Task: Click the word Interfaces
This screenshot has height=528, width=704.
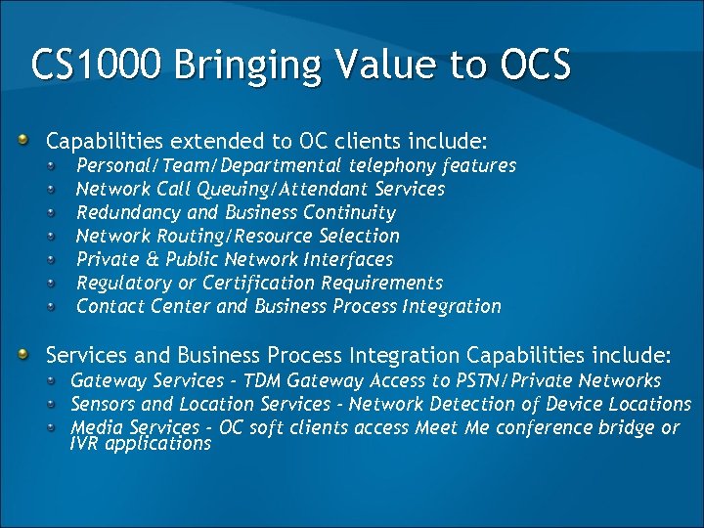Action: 348,259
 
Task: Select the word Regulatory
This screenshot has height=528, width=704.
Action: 123,283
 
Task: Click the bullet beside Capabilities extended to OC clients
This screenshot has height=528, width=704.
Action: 34,140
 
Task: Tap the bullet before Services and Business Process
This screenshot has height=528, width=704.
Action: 34,353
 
